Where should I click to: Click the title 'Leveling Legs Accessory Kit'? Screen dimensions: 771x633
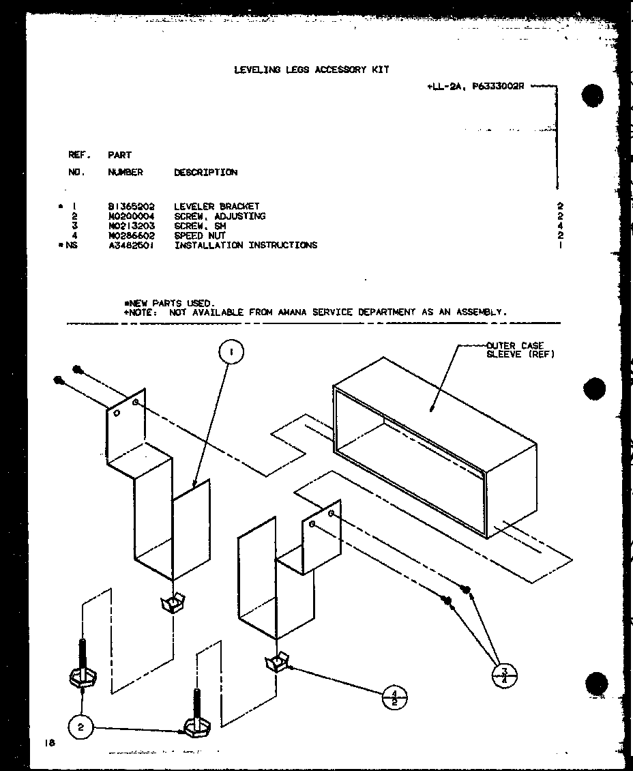(x=312, y=70)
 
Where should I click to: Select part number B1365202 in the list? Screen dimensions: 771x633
(x=131, y=206)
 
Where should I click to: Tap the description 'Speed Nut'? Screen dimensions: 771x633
(x=200, y=235)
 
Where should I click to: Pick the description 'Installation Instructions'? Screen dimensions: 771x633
(x=246, y=245)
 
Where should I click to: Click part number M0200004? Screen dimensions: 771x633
(x=131, y=216)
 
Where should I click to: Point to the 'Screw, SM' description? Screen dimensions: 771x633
(x=200, y=226)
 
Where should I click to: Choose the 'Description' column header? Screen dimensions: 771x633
(x=205, y=173)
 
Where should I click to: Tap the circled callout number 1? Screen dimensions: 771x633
(x=231, y=352)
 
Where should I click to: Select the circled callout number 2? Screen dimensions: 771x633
(x=81, y=727)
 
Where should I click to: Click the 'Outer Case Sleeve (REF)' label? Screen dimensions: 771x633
(x=520, y=350)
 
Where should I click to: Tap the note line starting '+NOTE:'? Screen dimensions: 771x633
(x=315, y=312)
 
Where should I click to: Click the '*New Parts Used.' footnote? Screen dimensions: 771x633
(x=168, y=303)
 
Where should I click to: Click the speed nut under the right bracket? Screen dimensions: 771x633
(x=276, y=662)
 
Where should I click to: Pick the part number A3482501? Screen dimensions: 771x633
(x=131, y=245)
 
